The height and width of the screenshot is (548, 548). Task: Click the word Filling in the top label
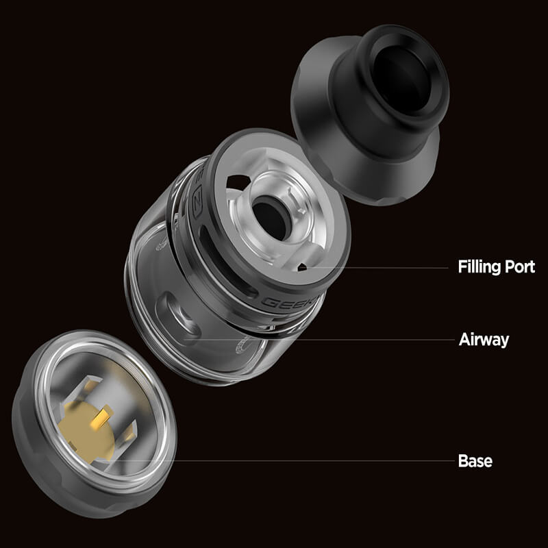coord(479,267)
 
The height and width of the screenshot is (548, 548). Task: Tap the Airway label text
coord(484,340)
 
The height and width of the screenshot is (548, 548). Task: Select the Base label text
coord(475,461)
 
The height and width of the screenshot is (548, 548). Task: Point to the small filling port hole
coord(302,268)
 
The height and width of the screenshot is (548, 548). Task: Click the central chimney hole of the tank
coord(269,217)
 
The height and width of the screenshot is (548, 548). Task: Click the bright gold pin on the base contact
coord(105,415)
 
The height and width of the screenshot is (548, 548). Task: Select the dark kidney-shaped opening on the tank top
coord(236,182)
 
